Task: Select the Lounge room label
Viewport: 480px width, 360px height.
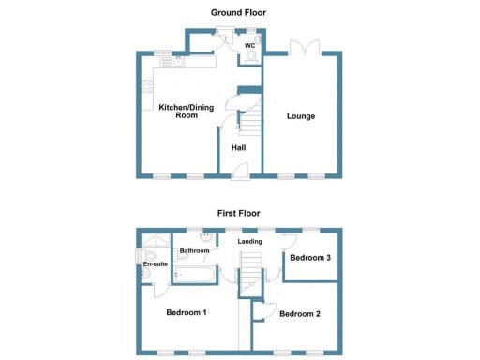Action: pos(301,116)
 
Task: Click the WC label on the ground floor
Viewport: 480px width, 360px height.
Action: pos(250,44)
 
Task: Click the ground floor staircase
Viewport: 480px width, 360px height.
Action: pos(251,121)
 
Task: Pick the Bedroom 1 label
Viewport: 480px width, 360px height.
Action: pos(187,310)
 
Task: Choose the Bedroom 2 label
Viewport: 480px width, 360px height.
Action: pos(301,313)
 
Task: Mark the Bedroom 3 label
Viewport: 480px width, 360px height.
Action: pos(310,257)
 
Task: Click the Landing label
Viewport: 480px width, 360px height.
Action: pos(249,242)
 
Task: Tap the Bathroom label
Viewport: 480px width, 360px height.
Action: pos(194,250)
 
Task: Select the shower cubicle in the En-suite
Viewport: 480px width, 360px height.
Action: pos(150,247)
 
